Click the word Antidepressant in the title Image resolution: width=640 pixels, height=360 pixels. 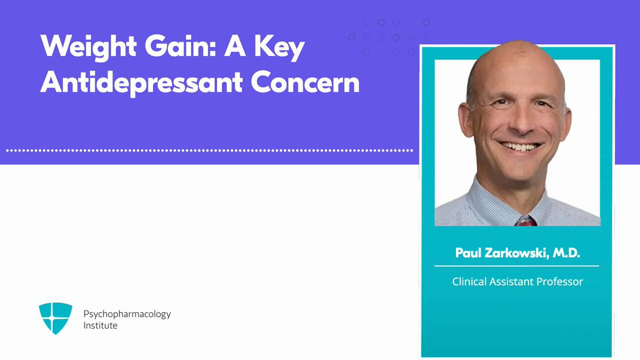141,83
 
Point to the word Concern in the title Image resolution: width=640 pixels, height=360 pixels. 305,82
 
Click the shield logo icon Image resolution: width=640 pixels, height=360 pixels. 55,318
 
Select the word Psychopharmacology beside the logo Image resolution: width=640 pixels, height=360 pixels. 127,315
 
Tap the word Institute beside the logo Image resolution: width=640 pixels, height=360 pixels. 100,325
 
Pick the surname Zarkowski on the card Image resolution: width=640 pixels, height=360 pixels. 517,253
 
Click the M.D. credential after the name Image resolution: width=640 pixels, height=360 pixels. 566,253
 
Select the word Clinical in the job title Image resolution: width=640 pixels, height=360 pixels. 469,282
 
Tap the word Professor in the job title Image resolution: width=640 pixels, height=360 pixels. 559,282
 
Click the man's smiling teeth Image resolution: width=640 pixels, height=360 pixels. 520,147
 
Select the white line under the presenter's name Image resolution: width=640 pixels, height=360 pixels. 517,266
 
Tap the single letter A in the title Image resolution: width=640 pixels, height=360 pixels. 235,46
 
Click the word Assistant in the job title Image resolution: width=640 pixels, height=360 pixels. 511,282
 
